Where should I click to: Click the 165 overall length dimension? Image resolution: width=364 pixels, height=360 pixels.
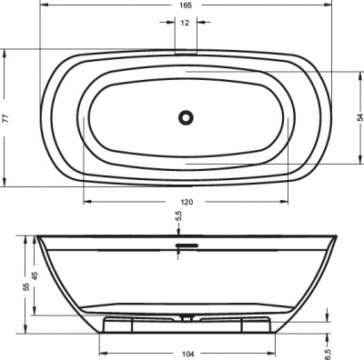coord(185,7)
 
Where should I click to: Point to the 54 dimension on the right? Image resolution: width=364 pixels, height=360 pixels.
coord(356,115)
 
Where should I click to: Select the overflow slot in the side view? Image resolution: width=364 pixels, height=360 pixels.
coord(185,244)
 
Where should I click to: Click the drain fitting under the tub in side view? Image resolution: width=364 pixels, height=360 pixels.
coord(186,318)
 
